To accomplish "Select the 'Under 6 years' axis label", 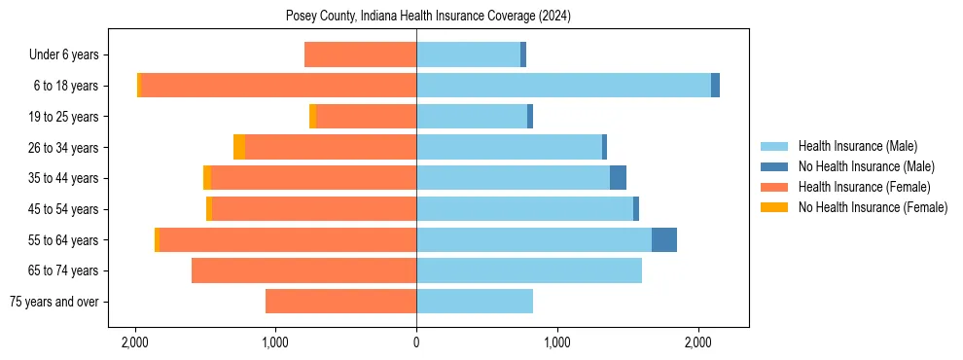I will point(71,55).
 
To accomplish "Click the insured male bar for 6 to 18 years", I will point(563,86).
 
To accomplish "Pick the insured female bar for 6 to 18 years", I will point(278,86).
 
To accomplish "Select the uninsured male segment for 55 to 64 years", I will point(664,240).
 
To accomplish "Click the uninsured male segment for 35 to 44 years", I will point(618,178).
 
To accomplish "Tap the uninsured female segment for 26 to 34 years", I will point(239,147).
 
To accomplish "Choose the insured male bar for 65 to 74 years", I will point(529,270).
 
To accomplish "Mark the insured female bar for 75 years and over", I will point(340,302).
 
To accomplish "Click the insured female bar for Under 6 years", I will point(360,54).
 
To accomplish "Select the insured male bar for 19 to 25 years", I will point(472,117).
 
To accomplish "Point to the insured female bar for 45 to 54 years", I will point(314,209).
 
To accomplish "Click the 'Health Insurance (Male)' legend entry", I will point(857,147).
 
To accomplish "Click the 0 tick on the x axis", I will point(416,342).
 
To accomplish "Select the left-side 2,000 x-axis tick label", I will point(134,342).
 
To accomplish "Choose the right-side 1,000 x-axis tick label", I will point(557,342).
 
